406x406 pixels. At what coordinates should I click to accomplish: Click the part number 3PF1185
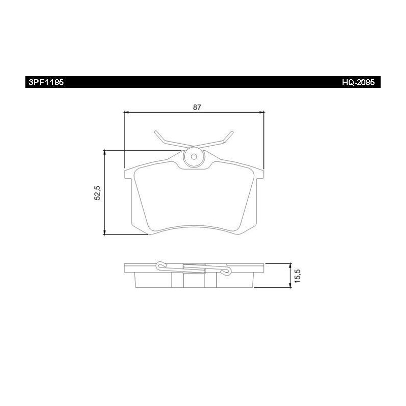pos(46,82)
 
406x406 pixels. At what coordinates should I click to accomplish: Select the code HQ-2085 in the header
pos(358,82)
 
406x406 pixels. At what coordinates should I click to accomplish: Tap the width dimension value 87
pos(197,107)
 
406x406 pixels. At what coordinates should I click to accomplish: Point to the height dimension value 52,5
pos(97,193)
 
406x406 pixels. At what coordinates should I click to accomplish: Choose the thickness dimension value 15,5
pos(297,276)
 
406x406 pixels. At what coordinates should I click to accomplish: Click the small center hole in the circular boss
pos(194,156)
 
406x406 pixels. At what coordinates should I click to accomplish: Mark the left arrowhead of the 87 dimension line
pos(126,112)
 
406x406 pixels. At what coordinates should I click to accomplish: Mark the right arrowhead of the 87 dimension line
pos(261,112)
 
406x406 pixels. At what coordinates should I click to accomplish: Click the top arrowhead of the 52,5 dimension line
pos(105,153)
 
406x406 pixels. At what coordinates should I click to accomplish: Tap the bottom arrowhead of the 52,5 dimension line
pos(105,232)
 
